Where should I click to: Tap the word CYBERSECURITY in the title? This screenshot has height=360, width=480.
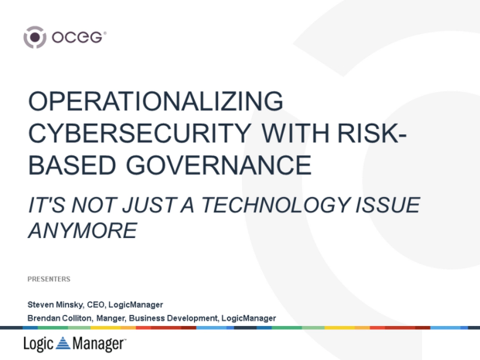click(140, 134)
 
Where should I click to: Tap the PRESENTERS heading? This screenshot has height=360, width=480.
click(49, 279)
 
